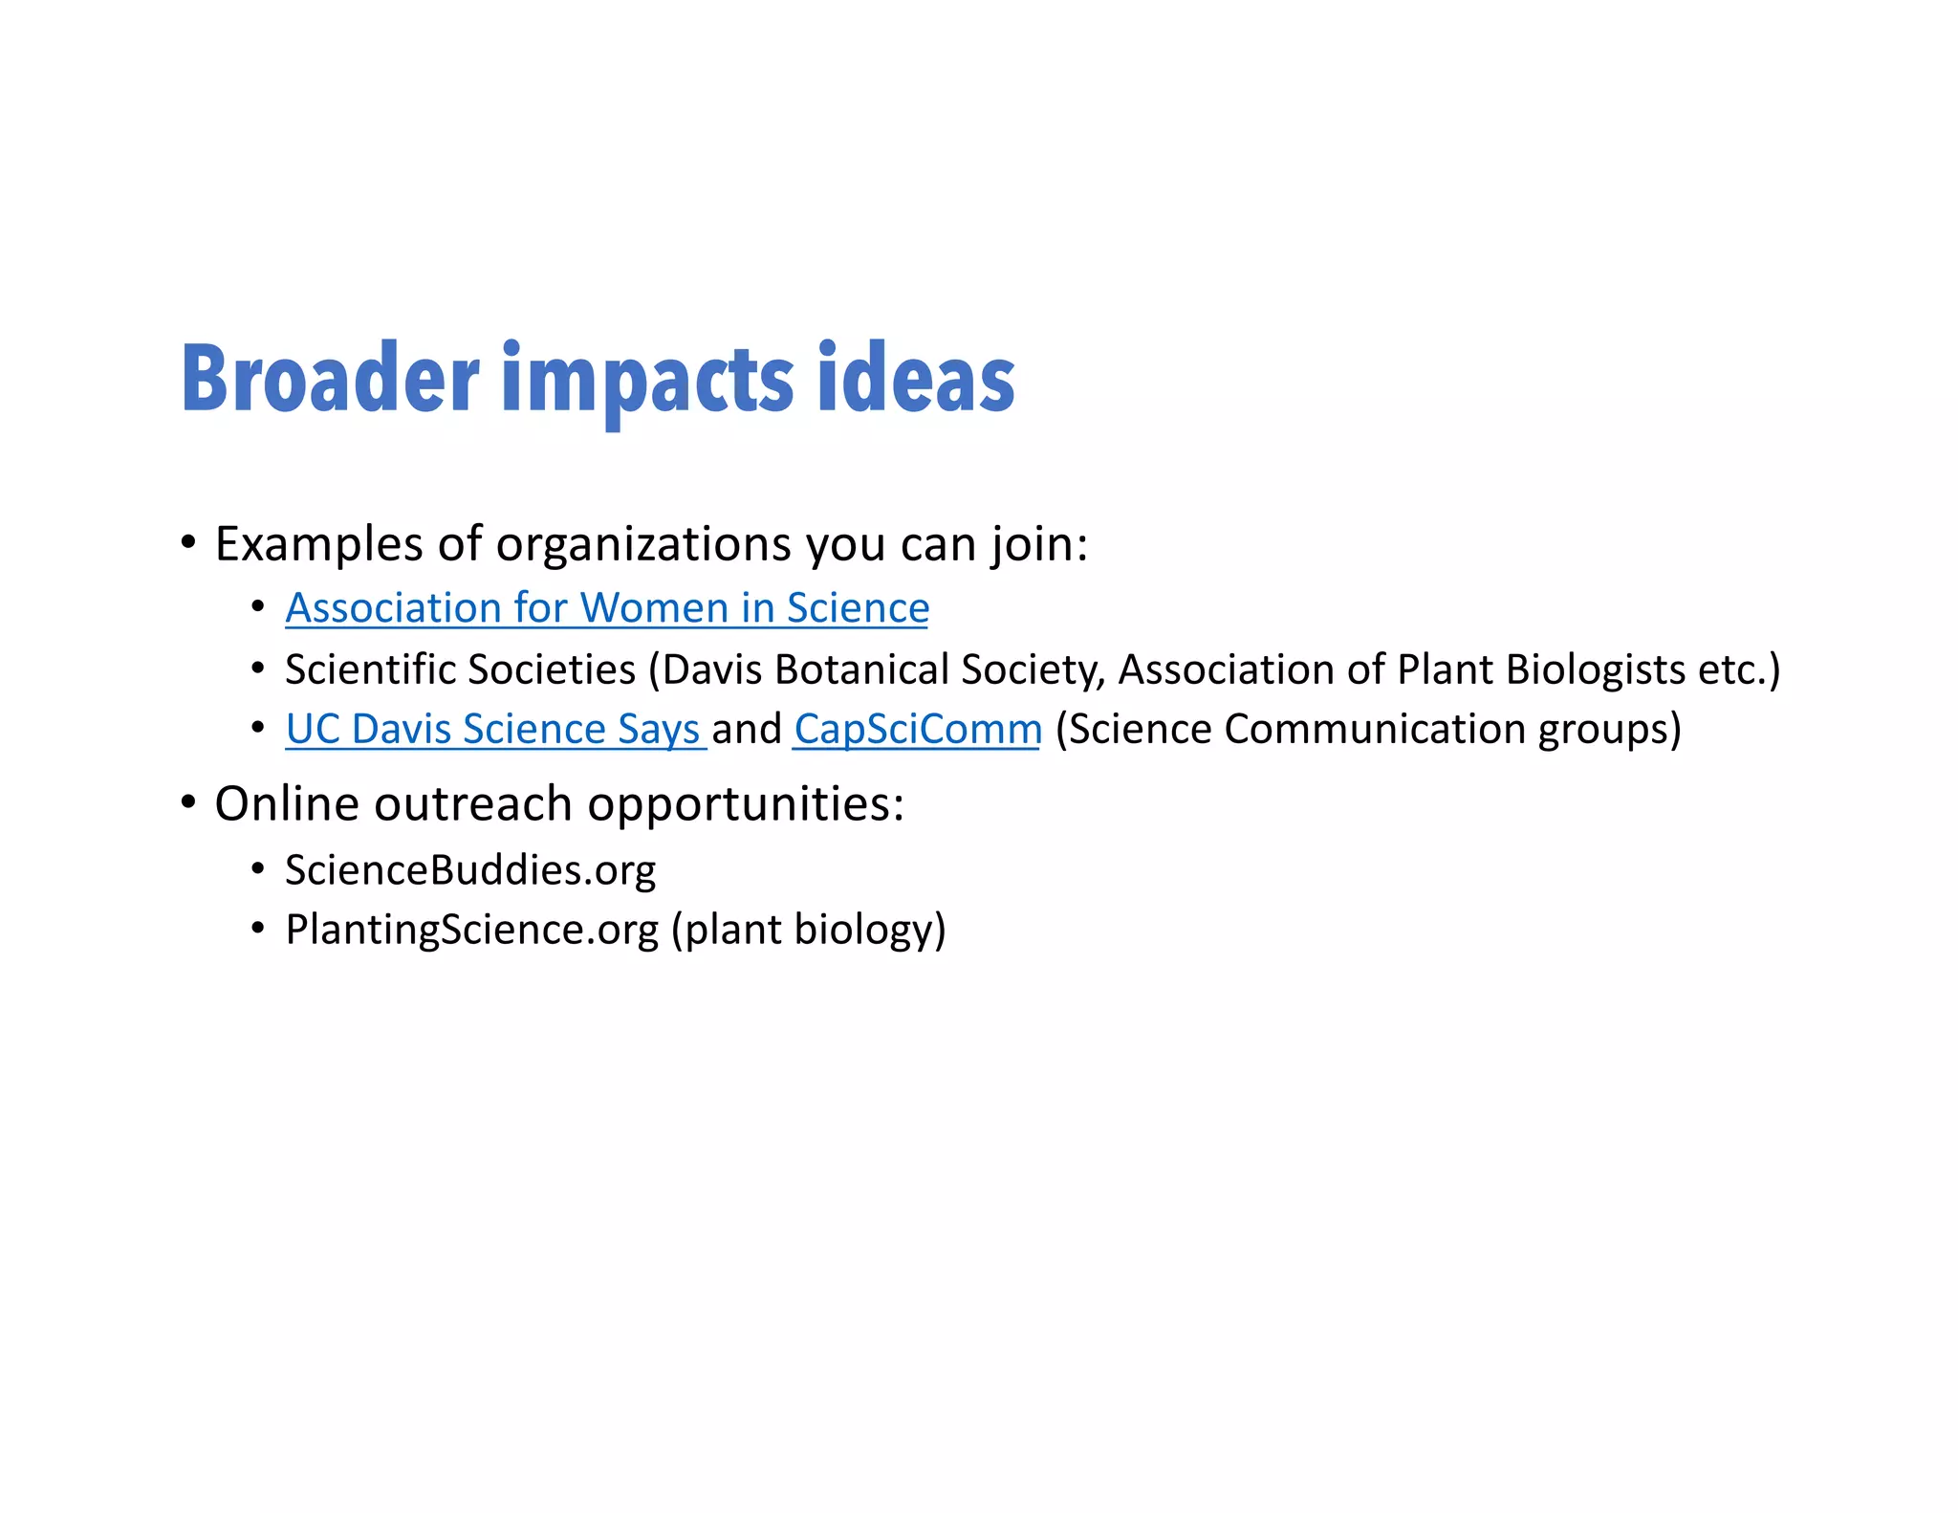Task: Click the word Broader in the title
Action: pos(330,379)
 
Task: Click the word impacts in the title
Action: pos(647,382)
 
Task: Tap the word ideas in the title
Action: pos(916,379)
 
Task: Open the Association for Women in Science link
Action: pos(607,608)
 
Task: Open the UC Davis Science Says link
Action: pos(494,730)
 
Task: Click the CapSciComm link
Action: pos(917,730)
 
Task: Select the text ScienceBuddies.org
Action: pos(470,870)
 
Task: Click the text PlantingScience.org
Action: pos(471,930)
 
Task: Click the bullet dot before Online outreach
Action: pos(188,801)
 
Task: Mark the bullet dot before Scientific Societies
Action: pos(257,669)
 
